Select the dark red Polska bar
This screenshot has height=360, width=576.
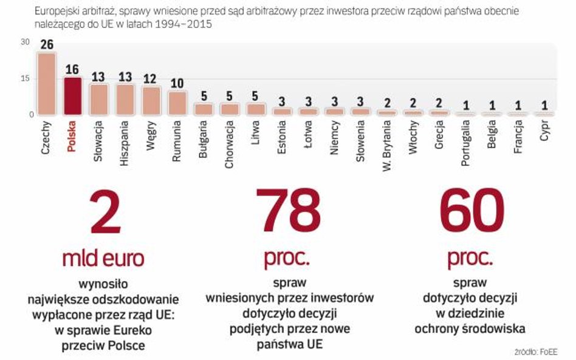[x=73, y=96]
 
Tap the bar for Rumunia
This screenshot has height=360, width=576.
[x=177, y=103]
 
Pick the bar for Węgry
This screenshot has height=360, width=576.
[x=151, y=100]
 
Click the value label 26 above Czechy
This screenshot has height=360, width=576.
[x=47, y=45]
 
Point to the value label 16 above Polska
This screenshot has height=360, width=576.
[x=73, y=69]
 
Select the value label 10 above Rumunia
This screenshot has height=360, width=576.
[x=177, y=84]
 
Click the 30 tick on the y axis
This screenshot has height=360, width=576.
[x=24, y=42]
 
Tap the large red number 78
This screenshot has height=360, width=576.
[x=287, y=211]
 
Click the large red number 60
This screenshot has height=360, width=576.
[x=471, y=211]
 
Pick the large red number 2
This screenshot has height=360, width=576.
[x=105, y=211]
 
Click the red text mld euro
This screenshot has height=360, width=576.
[x=103, y=258]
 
